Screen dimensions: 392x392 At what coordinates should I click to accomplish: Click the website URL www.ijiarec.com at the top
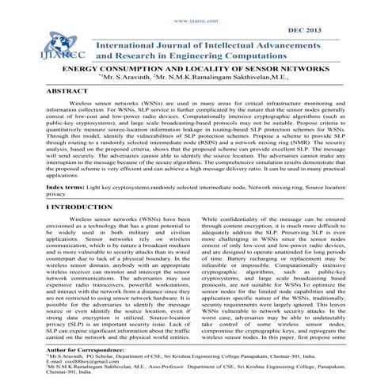(x=196, y=13)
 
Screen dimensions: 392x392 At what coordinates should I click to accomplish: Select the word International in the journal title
(x=128, y=46)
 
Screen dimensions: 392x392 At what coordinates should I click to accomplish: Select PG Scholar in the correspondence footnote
(x=100, y=356)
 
